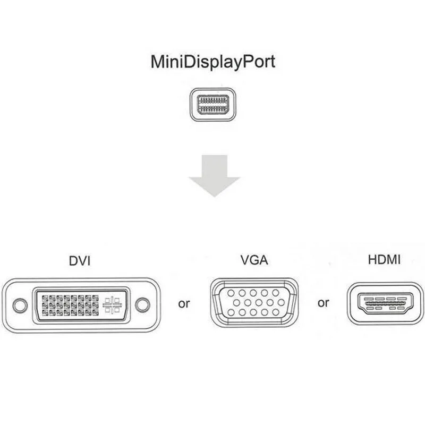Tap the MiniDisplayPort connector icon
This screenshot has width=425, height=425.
click(212, 104)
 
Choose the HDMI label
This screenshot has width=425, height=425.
click(384, 260)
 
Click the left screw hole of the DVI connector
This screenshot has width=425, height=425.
click(20, 305)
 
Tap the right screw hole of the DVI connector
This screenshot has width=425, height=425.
click(142, 305)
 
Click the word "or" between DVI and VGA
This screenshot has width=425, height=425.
click(184, 304)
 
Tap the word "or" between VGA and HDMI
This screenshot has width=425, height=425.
click(323, 303)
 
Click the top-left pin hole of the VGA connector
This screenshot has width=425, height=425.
click(230, 293)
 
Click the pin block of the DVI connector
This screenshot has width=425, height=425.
click(69, 305)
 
